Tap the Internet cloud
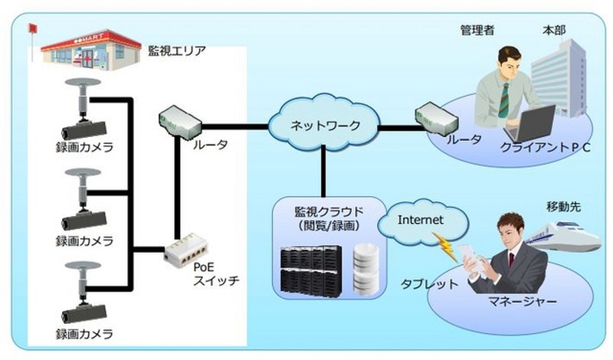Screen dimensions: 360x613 421,221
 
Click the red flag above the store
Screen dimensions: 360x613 31,29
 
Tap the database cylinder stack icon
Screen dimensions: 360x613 367,268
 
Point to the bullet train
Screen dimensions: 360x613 570,234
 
